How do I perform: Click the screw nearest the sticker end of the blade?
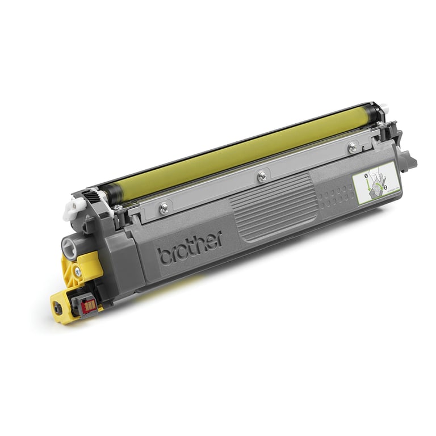tap(353, 148)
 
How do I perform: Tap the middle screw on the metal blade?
tap(262, 177)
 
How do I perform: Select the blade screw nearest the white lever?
tap(164, 208)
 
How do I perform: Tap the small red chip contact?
tap(88, 305)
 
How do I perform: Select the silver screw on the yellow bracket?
tap(78, 273)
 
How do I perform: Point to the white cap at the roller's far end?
tap(384, 107)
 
